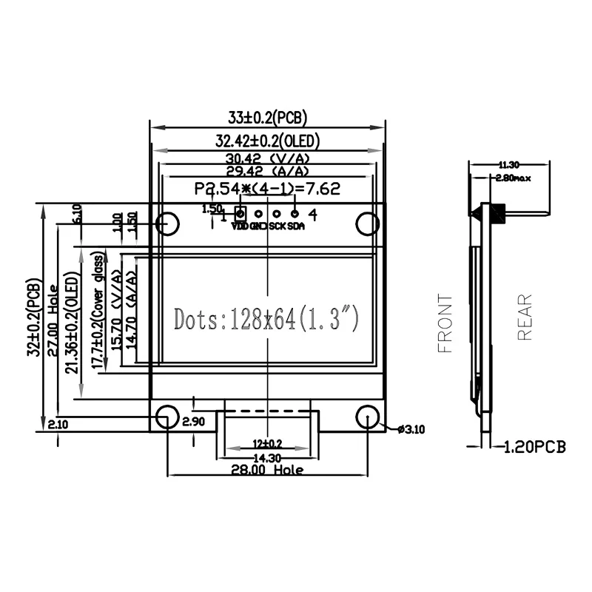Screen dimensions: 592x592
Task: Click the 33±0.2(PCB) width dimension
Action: (267, 117)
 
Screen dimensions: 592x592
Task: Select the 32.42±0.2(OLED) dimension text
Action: (267, 141)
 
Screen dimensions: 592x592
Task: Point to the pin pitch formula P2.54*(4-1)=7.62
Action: (267, 189)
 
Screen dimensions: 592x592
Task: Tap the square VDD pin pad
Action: (240, 214)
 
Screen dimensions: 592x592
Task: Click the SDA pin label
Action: (295, 226)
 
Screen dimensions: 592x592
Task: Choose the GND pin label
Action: (258, 226)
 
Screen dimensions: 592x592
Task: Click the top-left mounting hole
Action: (167, 222)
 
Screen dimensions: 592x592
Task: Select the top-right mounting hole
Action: (367, 222)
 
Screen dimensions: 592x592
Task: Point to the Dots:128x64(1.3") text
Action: (267, 319)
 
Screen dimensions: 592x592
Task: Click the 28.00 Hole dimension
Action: (267, 470)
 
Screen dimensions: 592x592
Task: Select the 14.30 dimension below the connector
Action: (267, 458)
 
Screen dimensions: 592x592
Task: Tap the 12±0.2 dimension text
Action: (267, 444)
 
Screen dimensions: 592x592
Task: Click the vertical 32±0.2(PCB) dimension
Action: (33, 318)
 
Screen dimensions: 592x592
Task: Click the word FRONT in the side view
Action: (445, 323)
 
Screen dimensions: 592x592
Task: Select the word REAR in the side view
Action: (525, 317)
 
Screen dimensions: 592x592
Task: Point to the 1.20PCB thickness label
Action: (534, 447)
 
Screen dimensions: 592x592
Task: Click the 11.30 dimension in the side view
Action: (508, 164)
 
